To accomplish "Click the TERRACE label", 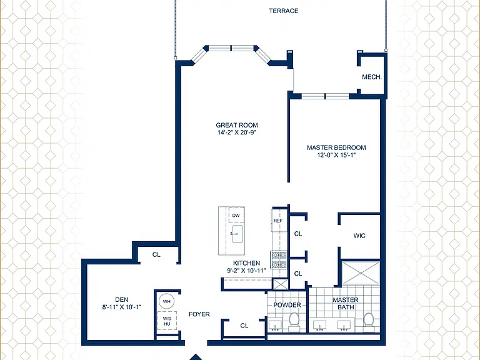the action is (284, 11).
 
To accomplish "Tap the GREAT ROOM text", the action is (237, 125).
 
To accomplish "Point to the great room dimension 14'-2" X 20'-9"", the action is (237, 132).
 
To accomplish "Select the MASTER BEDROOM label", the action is (336, 147).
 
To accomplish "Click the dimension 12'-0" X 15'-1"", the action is (336, 155).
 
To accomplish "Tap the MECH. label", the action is (372, 77).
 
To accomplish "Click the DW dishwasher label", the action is (236, 216).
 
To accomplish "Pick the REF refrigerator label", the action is (278, 221).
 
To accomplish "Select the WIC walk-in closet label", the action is (359, 236).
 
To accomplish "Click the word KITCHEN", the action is (246, 263).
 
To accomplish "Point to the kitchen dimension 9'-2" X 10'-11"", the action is (246, 271).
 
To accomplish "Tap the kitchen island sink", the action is (237, 234).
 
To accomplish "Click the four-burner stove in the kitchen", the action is (279, 260).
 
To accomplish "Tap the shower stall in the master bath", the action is (361, 273).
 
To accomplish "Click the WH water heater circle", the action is (166, 301).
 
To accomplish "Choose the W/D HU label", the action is (167, 321).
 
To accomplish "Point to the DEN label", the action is (121, 300).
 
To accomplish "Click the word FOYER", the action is (199, 314).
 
